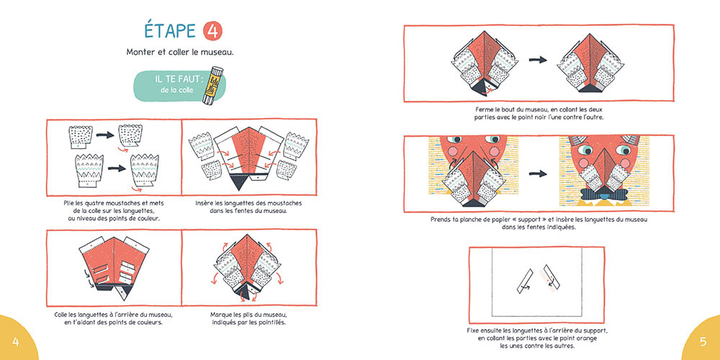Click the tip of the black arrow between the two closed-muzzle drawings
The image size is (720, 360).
click(547, 60)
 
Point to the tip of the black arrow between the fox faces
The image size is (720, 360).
click(547, 174)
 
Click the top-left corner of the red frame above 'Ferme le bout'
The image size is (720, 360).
click(404, 25)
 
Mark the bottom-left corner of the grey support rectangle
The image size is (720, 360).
click(492, 316)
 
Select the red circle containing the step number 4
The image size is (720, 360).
click(212, 31)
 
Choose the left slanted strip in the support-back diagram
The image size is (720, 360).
click(524, 281)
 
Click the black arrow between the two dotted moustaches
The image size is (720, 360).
click(104, 135)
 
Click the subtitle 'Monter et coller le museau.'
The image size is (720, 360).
click(181, 53)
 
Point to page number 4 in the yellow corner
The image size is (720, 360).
click(16, 341)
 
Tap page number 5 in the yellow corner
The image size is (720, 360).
click(703, 341)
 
